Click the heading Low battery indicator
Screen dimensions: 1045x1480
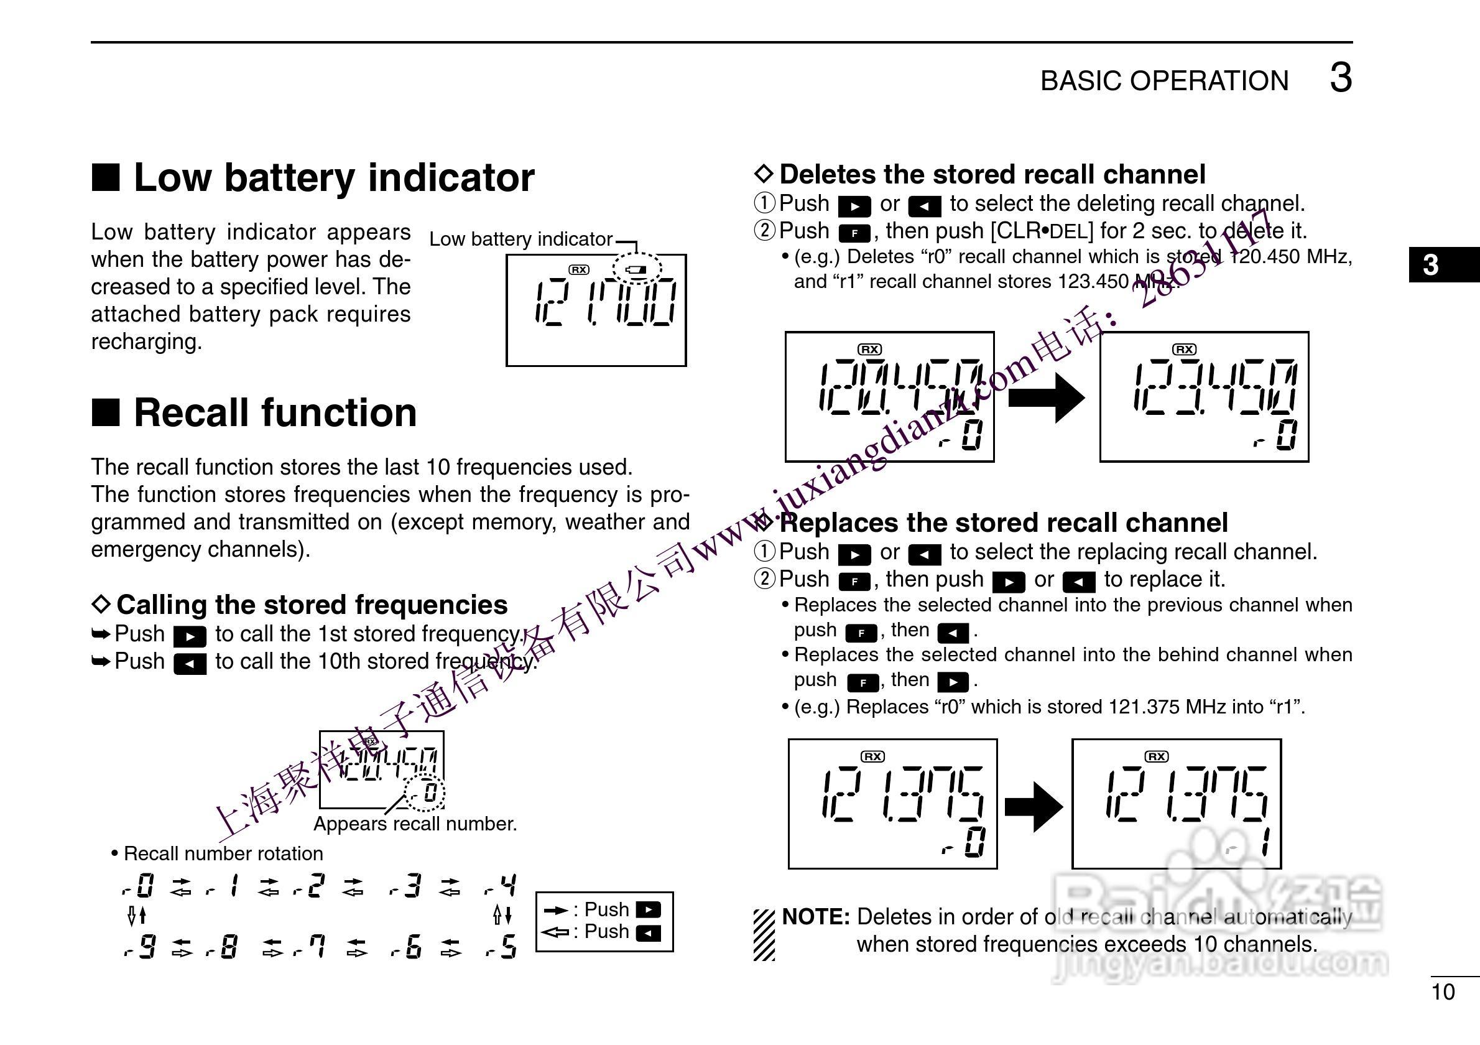pos(333,177)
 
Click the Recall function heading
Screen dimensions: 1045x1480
pos(275,412)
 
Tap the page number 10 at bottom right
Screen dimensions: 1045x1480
pos(1443,992)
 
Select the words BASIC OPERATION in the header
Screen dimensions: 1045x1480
pos(1164,81)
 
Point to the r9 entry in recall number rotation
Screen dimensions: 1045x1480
pos(139,947)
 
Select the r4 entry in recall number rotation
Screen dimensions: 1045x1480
pos(501,886)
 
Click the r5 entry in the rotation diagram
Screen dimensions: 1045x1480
pos(501,947)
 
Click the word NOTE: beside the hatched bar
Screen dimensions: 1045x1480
pos(815,917)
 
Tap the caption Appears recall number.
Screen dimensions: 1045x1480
pos(415,824)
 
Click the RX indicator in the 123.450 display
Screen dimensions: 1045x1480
pos(1184,350)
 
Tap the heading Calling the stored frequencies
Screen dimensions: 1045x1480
pos(312,605)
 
